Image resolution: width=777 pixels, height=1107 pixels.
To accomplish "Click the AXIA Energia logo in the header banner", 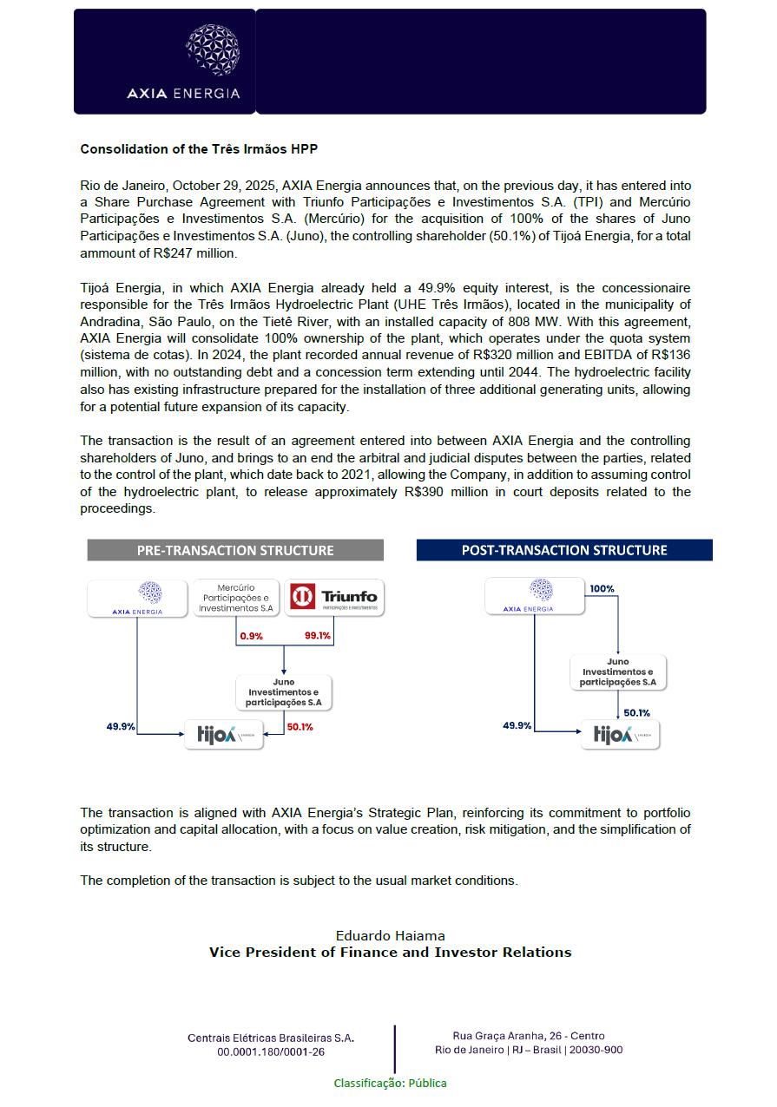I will click(x=183, y=62).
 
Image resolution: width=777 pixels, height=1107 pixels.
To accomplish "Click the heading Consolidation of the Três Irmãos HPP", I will click(x=199, y=149).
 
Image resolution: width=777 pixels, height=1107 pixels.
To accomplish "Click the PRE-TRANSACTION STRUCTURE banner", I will click(x=235, y=550).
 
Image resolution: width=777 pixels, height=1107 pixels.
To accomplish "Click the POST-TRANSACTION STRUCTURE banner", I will click(x=564, y=550).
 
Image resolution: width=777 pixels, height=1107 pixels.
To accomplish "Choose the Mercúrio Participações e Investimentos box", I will click(x=236, y=598).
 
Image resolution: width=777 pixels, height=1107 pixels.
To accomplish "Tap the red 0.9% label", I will click(x=252, y=636).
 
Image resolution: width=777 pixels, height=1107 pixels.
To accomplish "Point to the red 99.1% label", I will click(x=318, y=636).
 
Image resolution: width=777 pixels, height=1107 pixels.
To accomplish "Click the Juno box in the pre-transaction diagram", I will click(x=284, y=691).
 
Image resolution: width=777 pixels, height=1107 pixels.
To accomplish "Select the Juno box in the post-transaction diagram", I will click(x=618, y=671).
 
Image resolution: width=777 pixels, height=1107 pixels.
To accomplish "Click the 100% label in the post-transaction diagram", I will click(x=602, y=589).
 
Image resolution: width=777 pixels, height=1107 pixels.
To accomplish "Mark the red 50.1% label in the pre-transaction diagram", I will click(x=300, y=727).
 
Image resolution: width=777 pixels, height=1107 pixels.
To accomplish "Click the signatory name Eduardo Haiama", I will click(x=390, y=935).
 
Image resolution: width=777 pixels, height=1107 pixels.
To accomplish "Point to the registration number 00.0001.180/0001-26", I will click(x=271, y=1051).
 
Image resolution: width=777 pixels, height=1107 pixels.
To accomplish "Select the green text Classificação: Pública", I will click(x=391, y=1083).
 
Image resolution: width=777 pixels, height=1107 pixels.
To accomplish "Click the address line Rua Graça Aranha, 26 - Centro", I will click(x=529, y=1036).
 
